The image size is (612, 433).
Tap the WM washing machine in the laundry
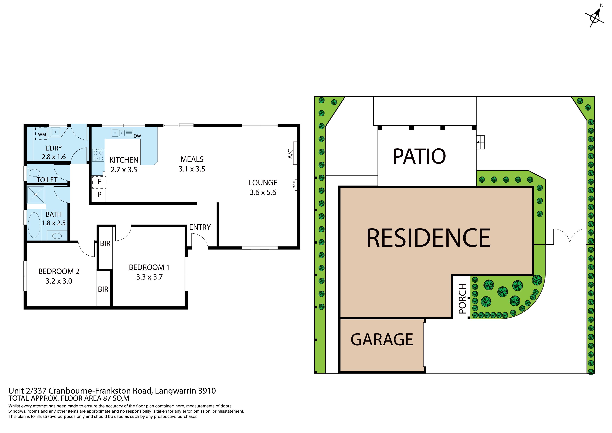[x=41, y=133]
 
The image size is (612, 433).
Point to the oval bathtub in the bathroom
[x=34, y=225]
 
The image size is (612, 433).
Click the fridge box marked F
[x=99, y=182]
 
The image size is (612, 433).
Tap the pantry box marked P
[x=99, y=196]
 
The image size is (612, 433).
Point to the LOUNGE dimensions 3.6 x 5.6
[x=263, y=192]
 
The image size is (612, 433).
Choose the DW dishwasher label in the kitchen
[x=137, y=136]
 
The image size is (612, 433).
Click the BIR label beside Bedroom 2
[x=103, y=289]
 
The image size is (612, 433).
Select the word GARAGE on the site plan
[x=382, y=340]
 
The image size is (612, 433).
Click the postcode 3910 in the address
[x=207, y=391]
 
